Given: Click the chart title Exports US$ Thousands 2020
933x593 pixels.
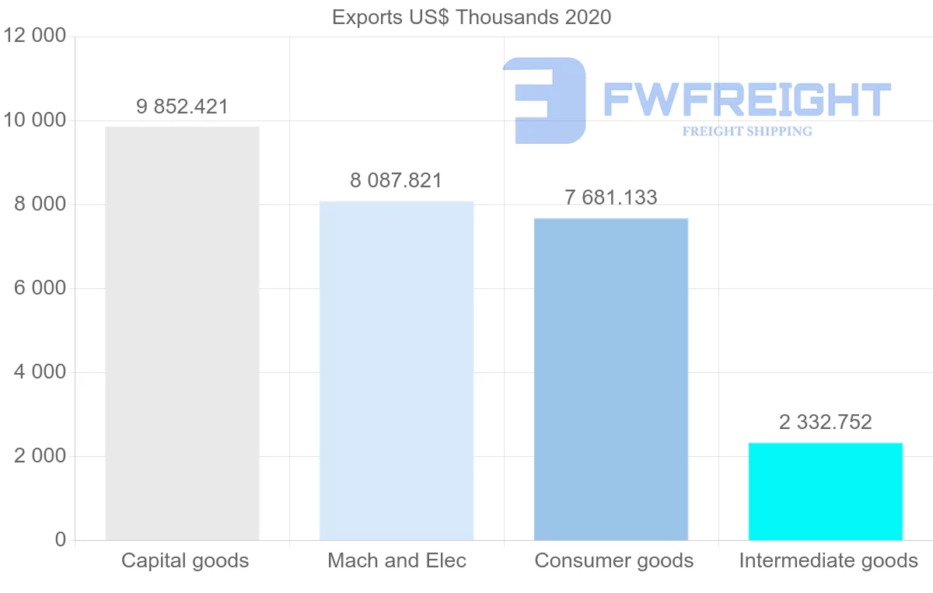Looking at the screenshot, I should (x=471, y=16).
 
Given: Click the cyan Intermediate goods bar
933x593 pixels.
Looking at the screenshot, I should (x=825, y=491).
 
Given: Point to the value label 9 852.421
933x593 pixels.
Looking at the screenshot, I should (x=182, y=106).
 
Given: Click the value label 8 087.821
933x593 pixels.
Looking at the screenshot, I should (x=396, y=181).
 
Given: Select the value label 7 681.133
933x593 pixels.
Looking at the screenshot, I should (x=610, y=197).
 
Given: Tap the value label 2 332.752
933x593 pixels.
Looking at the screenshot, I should (x=825, y=422).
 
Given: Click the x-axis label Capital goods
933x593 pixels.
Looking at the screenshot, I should (x=185, y=560).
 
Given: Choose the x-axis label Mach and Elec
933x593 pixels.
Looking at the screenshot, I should (x=397, y=560).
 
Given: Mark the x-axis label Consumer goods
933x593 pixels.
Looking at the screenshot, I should (x=613, y=560).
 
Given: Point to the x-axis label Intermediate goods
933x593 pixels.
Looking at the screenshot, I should (x=828, y=560).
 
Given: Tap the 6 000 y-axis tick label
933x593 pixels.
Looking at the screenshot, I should (x=40, y=288).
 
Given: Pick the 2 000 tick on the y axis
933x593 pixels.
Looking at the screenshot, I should (x=40, y=456).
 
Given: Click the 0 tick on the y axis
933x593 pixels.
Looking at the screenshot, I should (x=60, y=540).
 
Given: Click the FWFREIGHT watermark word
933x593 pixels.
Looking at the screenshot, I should (x=746, y=99).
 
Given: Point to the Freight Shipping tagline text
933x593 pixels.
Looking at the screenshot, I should (x=746, y=131).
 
